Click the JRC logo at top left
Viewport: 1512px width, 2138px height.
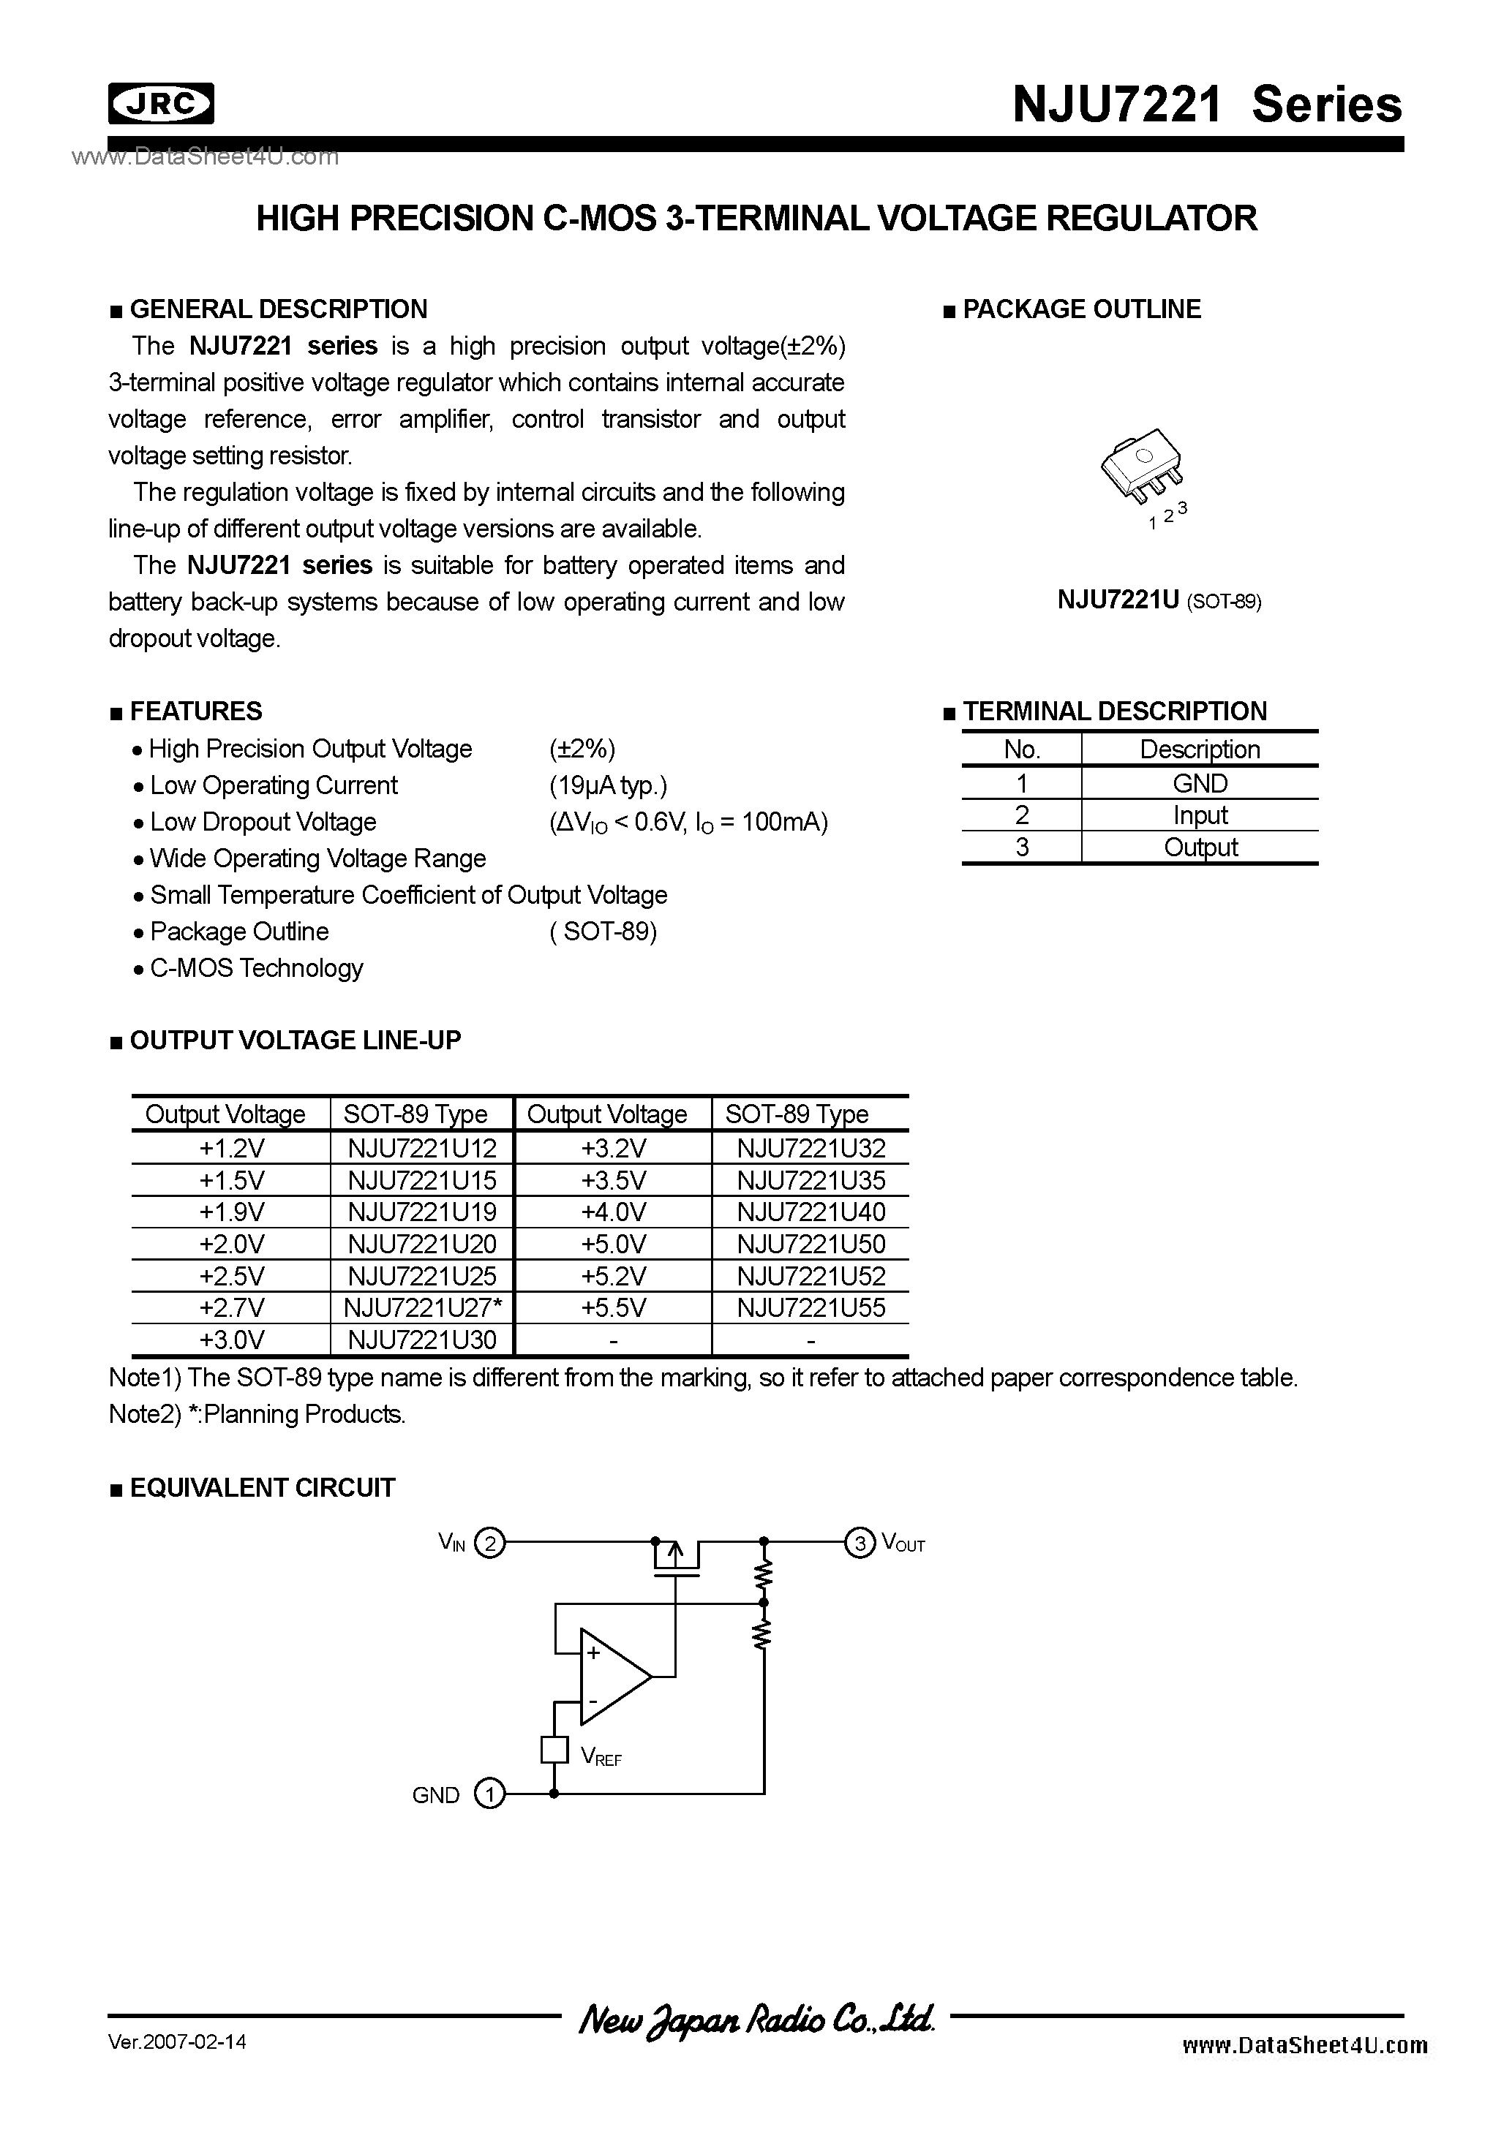click(x=161, y=103)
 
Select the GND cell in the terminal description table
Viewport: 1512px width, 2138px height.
click(x=1199, y=783)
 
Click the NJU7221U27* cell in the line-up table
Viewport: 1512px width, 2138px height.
click(x=422, y=1307)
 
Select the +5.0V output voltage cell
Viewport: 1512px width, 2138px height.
click(x=613, y=1244)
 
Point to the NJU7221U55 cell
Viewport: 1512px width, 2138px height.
click(x=810, y=1307)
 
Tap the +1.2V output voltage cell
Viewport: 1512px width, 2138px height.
click(x=231, y=1148)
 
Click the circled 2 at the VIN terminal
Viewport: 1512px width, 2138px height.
click(x=489, y=1544)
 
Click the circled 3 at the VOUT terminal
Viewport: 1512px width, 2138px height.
click(x=859, y=1544)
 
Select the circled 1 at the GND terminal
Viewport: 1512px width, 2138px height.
click(x=489, y=1794)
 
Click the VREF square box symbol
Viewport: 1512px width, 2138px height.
click(x=554, y=1750)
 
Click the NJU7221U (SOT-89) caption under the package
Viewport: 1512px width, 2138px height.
click(x=1159, y=600)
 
